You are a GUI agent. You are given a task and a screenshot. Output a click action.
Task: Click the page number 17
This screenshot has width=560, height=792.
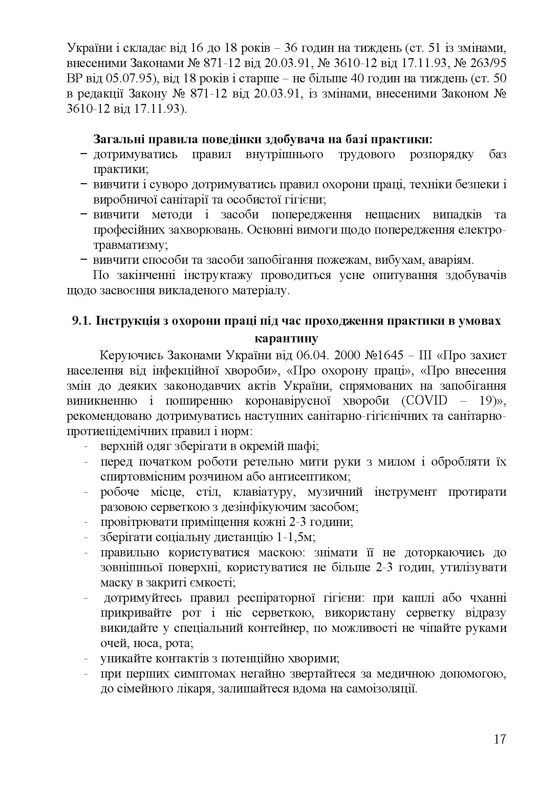[x=499, y=749]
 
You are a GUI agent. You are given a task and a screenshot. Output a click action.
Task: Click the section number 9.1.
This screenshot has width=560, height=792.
[x=81, y=321]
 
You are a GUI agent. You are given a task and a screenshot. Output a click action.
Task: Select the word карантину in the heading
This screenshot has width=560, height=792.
[x=286, y=338]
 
